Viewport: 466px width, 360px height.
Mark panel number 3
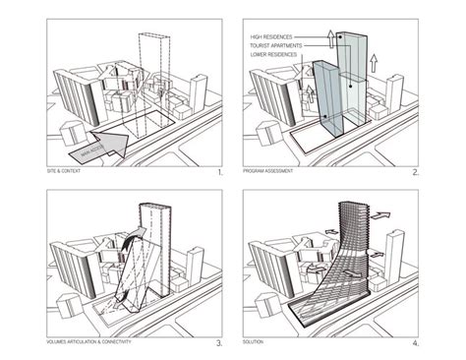tap(220, 342)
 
